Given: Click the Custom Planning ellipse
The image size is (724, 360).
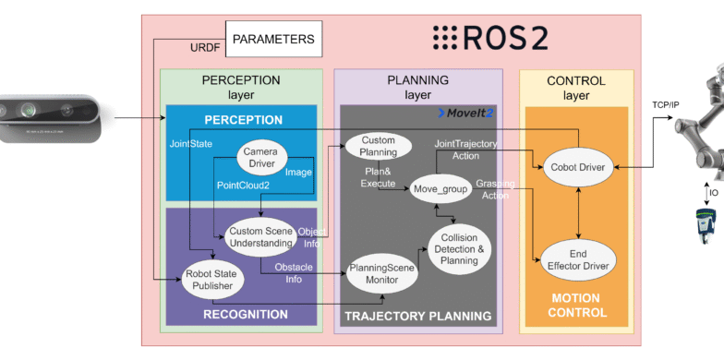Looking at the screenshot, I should click(378, 145).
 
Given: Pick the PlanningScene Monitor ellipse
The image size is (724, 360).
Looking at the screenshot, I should click(379, 274).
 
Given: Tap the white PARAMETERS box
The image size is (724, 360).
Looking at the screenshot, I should click(273, 40).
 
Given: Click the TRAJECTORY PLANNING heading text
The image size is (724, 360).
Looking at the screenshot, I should click(417, 317).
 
